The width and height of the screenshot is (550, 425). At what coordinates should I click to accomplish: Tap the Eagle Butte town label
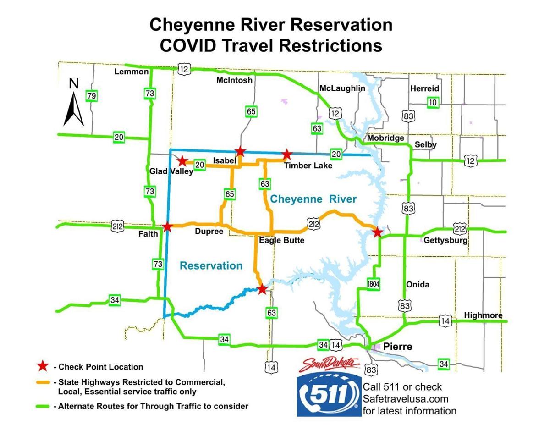pos(281,240)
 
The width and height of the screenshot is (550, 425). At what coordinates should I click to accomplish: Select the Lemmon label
pos(132,72)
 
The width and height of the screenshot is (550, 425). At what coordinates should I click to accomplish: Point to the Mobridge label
pos(385,138)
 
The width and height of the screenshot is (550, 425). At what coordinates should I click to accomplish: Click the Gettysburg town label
pos(445,240)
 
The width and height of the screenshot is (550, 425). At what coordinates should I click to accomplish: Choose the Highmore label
pos(483,315)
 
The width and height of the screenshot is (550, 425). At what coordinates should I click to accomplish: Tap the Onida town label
pos(418,285)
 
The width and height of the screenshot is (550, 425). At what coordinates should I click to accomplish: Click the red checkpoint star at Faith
pos(167,227)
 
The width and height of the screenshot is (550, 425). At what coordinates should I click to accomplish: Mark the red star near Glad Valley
pos(182,161)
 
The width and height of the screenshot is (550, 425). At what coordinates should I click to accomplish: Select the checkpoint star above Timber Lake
pos(286,155)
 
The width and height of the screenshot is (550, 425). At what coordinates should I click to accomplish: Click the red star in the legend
pos(43,366)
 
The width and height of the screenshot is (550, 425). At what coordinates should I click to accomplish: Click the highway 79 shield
pos(91,96)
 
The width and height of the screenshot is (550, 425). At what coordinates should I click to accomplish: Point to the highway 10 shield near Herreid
pos(432,103)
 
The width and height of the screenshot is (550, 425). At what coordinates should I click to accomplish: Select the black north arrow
pos(73,108)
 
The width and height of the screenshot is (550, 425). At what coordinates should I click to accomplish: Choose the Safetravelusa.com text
pos(405,399)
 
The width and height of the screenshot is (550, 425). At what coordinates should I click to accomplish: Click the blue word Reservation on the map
pos(211,265)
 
